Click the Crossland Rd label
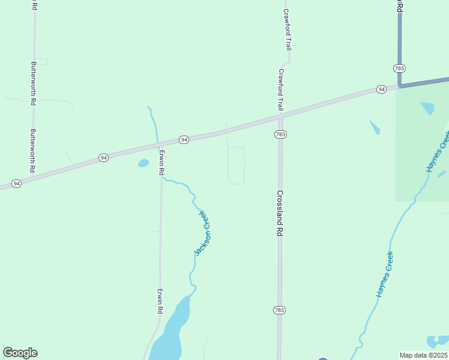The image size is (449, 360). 280,213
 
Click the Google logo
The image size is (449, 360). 20,353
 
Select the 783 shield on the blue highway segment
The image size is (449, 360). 400,68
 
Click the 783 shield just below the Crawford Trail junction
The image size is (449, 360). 280,134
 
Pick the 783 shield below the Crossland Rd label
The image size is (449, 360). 279,310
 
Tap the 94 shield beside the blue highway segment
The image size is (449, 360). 381,89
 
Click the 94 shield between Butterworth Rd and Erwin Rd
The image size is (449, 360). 104,158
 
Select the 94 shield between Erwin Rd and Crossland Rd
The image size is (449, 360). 184,140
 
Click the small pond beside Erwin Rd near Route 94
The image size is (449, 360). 143,163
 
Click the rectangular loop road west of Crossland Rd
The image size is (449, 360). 236,165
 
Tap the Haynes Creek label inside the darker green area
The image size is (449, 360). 438,155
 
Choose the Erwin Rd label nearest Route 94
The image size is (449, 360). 161,163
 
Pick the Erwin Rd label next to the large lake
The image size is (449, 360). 160,301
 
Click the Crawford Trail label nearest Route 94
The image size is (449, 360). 280,89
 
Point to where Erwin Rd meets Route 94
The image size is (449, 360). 160,145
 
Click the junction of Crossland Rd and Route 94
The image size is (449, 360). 280,116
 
